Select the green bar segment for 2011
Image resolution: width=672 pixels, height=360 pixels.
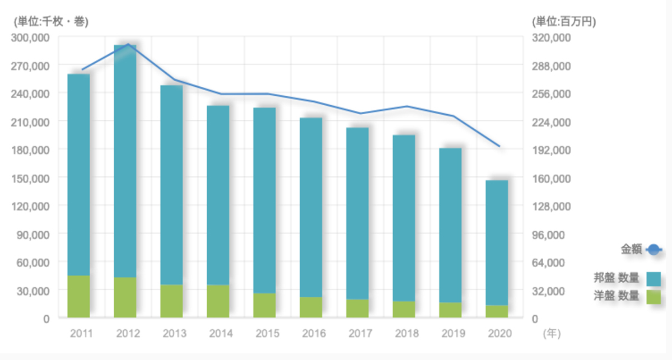click(78, 297)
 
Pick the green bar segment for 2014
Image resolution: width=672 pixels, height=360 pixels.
click(218, 301)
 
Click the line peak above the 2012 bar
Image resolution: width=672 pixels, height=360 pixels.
click(128, 44)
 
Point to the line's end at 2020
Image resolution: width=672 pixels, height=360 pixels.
click(499, 147)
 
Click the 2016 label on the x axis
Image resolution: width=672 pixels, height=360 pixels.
click(313, 334)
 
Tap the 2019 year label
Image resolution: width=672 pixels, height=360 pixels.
click(452, 334)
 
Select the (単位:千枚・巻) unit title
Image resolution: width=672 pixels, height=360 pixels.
click(50, 22)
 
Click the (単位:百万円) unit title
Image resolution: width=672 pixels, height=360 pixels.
click(564, 22)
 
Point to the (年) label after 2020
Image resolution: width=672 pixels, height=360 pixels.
click(551, 334)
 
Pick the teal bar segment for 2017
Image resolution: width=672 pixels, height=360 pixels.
click(357, 213)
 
